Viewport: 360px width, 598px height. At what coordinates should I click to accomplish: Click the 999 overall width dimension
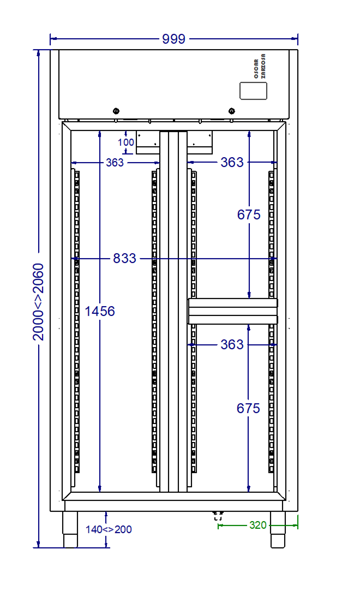point(174,39)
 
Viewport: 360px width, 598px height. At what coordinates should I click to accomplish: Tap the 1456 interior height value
point(100,312)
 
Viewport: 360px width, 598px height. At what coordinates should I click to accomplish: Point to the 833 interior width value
point(124,259)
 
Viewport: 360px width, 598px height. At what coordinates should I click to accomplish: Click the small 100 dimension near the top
point(126,142)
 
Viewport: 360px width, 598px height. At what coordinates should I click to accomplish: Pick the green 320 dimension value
point(258,525)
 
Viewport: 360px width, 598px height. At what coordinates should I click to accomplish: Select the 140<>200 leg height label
point(109,529)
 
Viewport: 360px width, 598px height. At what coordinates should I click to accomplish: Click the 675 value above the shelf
point(249,215)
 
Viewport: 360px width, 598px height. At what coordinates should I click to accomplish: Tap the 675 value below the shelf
point(249,408)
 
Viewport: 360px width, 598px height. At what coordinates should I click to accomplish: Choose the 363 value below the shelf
point(232,345)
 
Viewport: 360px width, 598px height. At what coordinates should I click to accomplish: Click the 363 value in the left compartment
point(115,163)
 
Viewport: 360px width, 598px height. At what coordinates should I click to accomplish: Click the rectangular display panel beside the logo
point(254,91)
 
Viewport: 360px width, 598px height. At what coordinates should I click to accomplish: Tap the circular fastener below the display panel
point(232,111)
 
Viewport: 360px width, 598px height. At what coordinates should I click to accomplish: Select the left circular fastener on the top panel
point(116,111)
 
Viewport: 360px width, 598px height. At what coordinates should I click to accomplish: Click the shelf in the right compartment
point(233,311)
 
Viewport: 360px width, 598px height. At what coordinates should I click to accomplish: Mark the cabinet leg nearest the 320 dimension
point(278,529)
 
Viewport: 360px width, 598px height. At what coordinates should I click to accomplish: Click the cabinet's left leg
point(71,529)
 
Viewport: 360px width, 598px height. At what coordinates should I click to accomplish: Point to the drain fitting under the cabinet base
point(218,516)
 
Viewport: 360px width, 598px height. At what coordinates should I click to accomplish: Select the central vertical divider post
point(173,311)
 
